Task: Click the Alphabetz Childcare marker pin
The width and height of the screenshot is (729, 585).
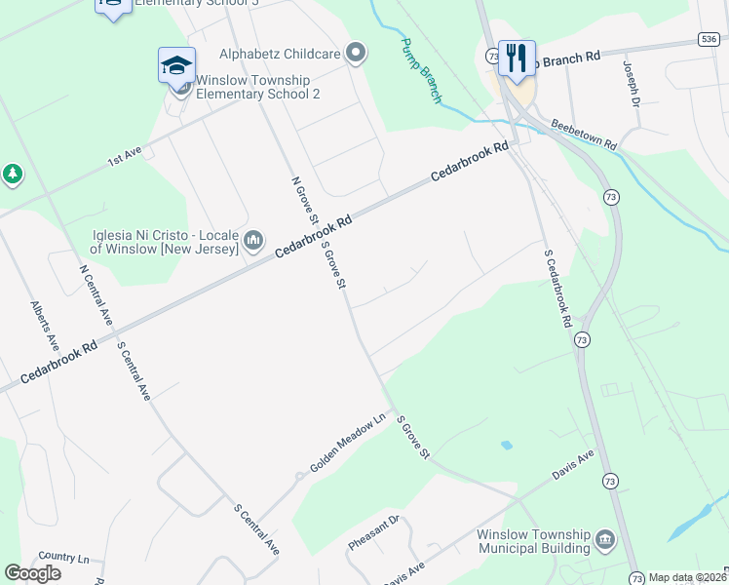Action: pos(356,54)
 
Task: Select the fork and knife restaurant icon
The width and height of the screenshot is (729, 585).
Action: pos(516,58)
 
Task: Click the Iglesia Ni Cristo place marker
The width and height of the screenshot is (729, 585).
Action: pos(253,240)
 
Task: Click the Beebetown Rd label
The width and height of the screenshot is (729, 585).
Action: pos(584,135)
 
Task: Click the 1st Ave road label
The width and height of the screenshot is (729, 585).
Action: pos(125,155)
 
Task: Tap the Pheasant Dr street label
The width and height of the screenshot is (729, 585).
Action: pos(374,532)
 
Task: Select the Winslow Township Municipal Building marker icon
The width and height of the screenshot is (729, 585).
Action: pos(604,539)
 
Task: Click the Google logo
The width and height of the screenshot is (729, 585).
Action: pos(32,572)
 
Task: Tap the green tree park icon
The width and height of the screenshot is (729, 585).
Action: pos(12,175)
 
